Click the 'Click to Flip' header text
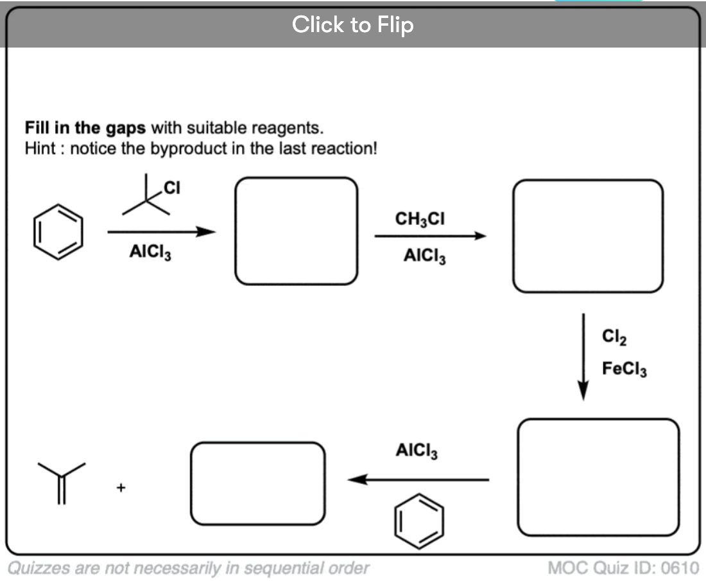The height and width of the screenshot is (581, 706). point(352,24)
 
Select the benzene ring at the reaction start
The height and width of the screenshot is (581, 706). point(58,204)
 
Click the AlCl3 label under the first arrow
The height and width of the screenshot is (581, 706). point(150,251)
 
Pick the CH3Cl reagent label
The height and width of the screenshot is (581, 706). point(420,219)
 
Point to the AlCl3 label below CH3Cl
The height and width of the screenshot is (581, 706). point(424,256)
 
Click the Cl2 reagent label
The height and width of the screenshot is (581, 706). point(614,337)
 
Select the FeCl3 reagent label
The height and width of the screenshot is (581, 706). point(624,369)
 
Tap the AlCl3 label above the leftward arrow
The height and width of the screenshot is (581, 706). point(417,451)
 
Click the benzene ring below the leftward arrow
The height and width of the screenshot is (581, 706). point(418,494)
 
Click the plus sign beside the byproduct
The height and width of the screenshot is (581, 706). point(121,487)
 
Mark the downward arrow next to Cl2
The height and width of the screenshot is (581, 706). point(583,357)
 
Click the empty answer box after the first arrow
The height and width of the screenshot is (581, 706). point(235,231)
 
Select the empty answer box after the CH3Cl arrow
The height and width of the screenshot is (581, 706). point(513,236)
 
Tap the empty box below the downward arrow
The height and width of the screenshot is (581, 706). point(518,478)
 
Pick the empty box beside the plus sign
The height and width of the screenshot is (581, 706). point(191,484)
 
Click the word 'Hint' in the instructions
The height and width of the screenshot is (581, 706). point(40,148)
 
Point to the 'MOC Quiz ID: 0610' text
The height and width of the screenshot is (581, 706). point(624,568)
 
